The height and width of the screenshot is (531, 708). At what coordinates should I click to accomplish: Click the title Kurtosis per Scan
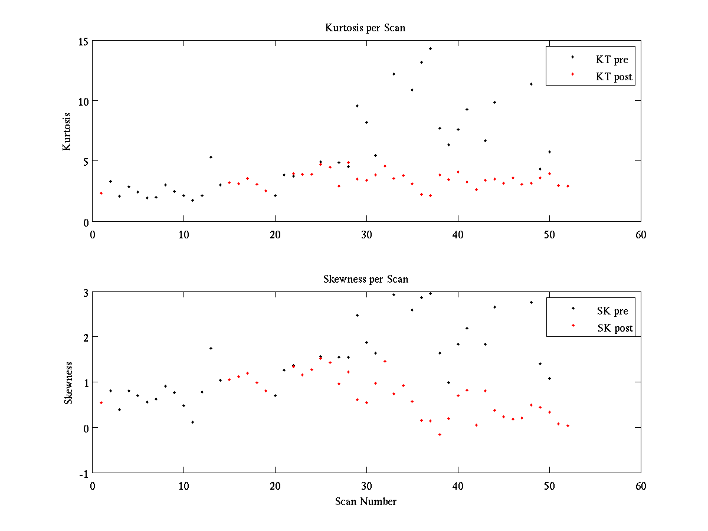pos(365,28)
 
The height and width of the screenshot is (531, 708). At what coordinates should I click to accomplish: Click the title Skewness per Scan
pos(365,279)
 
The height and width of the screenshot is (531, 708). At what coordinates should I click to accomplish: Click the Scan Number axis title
pos(366,501)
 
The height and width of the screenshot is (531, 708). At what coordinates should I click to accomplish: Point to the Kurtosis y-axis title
pos(67,132)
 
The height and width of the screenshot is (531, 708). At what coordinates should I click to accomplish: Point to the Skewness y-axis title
pos(68,383)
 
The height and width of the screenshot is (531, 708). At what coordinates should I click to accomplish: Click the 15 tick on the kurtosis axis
pos(82,41)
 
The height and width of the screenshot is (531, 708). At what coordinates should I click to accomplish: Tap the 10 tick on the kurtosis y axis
pos(82,101)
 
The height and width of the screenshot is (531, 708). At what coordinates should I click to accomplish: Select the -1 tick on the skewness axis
pos(84,474)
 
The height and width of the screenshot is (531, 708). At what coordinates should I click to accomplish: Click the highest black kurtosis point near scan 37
pos(430,48)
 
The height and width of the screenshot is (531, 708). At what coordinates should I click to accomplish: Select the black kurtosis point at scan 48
pos(531,84)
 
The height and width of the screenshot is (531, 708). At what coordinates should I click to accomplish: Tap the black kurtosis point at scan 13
pos(211,157)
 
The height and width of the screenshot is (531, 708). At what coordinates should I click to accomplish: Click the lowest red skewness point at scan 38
pos(440,434)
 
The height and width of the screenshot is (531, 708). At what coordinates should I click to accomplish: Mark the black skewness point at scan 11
pos(193,422)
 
